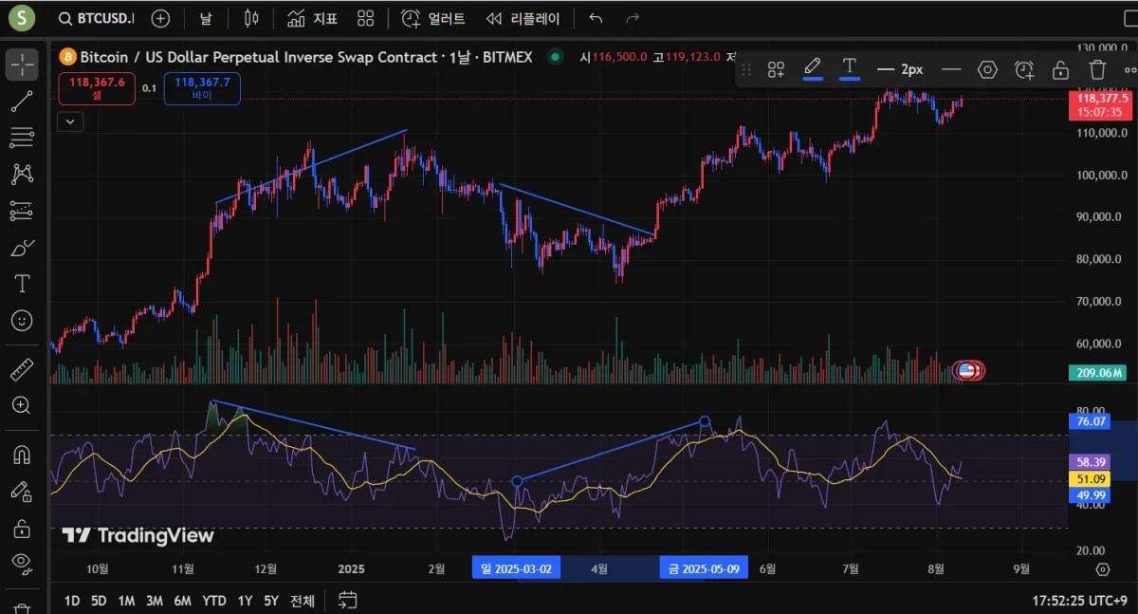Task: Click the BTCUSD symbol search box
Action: click(x=96, y=18)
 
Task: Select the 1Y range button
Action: click(x=245, y=601)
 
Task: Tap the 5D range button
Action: click(x=99, y=601)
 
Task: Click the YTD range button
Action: click(x=214, y=601)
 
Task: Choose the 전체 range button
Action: click(x=303, y=601)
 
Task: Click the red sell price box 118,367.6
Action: click(x=97, y=88)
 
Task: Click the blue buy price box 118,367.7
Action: click(x=202, y=88)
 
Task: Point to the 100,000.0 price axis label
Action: click(x=1099, y=176)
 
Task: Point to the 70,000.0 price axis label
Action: click(x=1099, y=302)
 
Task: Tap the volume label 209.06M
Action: click(x=1099, y=372)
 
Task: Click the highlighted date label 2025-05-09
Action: click(x=704, y=568)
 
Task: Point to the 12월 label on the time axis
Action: click(x=266, y=569)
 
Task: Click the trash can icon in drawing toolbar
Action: click(x=1097, y=69)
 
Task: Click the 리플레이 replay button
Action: click(x=523, y=18)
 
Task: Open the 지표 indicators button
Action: click(x=312, y=18)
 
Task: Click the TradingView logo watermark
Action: click(x=138, y=536)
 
